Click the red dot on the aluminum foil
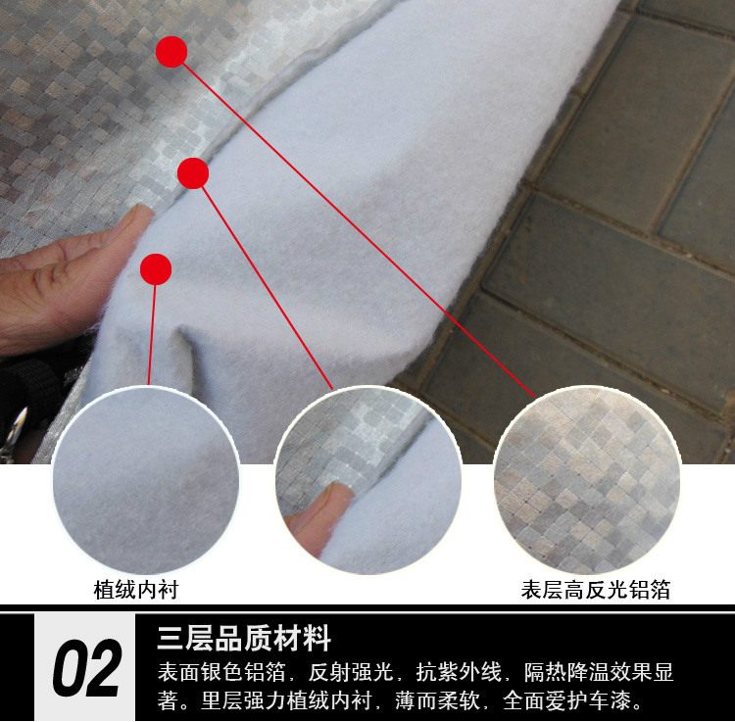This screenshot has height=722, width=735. click(x=171, y=52)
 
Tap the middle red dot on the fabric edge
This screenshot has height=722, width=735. click(x=194, y=173)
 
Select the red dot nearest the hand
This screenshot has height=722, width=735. click(x=156, y=268)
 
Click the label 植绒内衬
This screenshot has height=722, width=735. click(x=136, y=590)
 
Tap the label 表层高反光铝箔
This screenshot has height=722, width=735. click(x=596, y=590)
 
